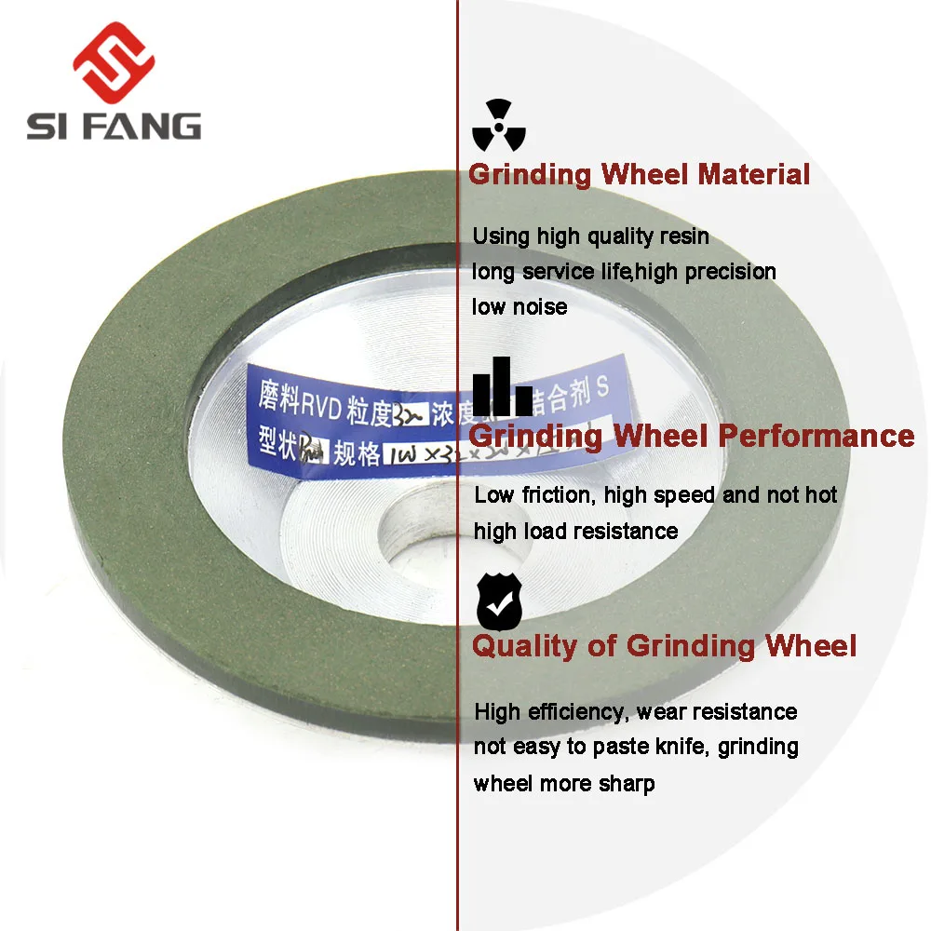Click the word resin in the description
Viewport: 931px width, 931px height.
click(x=682, y=236)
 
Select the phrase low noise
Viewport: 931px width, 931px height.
click(x=519, y=306)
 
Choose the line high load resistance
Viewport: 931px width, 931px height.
click(x=575, y=531)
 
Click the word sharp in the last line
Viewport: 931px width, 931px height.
click(x=626, y=783)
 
